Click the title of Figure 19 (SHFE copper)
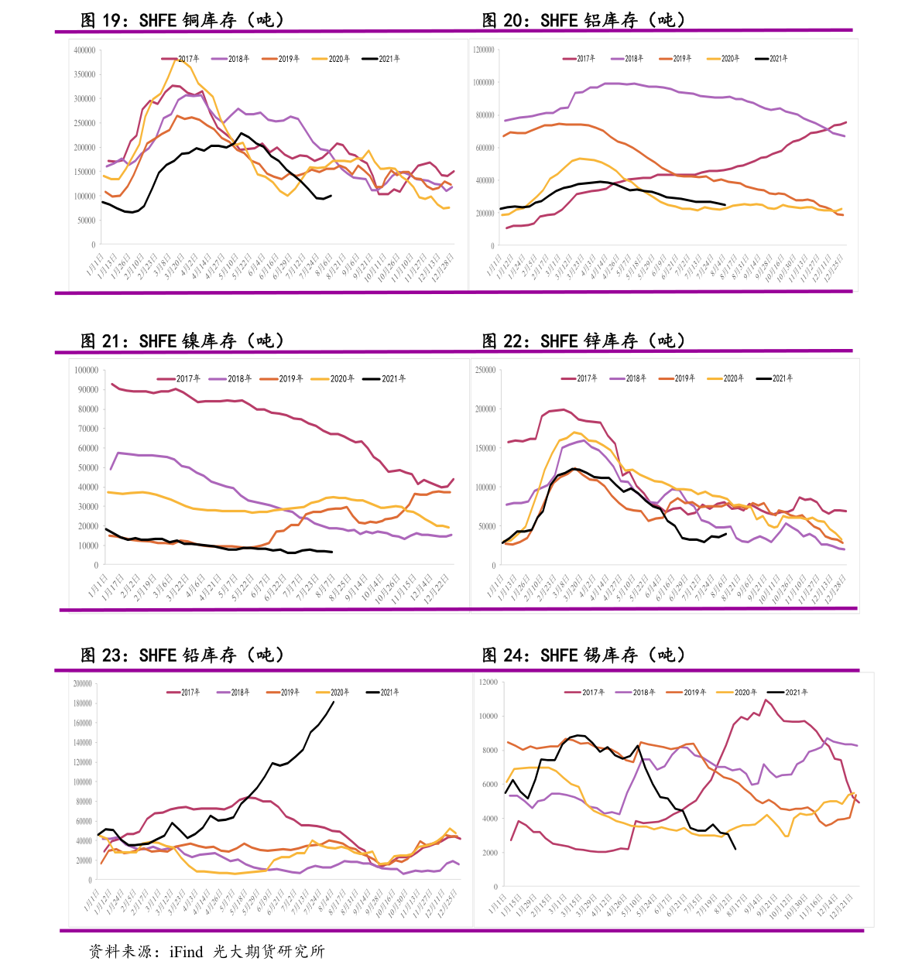183,20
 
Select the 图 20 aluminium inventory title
584,20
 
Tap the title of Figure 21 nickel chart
183,340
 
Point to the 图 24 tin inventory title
584,655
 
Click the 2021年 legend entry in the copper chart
382,59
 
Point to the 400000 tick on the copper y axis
84,50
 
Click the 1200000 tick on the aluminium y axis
484,50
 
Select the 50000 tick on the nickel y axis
87,467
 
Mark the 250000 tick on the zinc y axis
485,370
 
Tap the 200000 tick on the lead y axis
82,683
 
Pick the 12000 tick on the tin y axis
488,682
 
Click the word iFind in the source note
186,952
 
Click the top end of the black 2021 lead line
334,702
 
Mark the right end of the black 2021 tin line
735,850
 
